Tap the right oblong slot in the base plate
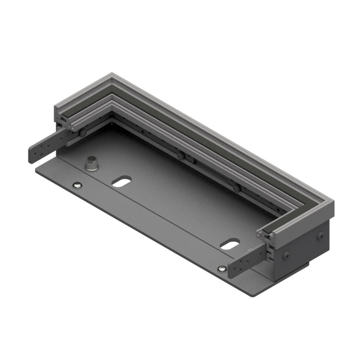(x=230, y=244)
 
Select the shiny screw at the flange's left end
(x=77, y=185)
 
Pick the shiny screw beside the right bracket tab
(x=221, y=269)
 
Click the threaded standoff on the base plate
(x=92, y=163)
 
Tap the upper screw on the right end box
(x=320, y=235)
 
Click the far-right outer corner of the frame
(x=333, y=202)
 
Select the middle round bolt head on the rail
(x=180, y=156)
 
